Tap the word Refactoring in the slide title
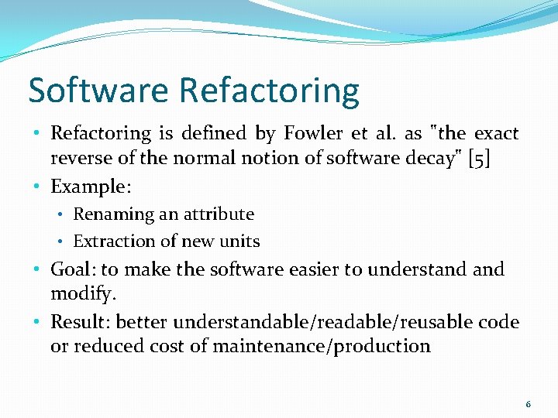point(270,91)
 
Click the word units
point(239,242)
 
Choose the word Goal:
point(73,270)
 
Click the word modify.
point(81,295)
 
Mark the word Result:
point(80,322)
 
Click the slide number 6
point(529,404)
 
